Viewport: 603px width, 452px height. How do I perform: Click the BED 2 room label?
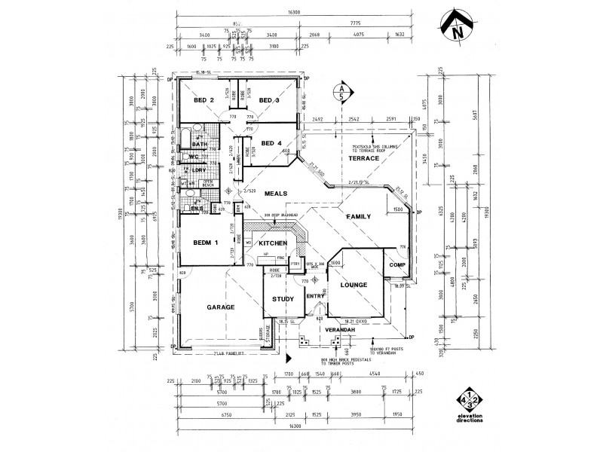(x=204, y=100)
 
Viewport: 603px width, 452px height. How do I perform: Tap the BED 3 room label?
(x=270, y=100)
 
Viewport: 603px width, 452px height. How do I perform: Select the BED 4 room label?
(x=271, y=143)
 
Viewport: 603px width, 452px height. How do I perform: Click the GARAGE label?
(x=221, y=307)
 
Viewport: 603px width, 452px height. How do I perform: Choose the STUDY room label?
(x=282, y=299)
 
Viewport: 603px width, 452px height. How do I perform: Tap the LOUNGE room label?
(x=354, y=286)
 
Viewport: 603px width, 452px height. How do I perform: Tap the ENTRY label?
(x=314, y=297)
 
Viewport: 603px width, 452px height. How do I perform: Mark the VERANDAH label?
(x=341, y=331)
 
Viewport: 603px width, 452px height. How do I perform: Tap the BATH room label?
(x=200, y=144)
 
